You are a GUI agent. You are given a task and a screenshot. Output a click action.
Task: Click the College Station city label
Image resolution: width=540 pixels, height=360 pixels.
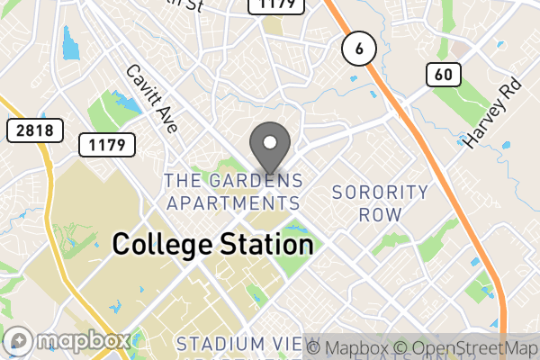[x=212, y=244]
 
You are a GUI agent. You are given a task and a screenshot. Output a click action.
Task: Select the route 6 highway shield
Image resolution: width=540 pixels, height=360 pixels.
[x=358, y=50]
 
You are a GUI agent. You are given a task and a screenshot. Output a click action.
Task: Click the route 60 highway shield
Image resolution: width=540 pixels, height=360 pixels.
[x=442, y=75]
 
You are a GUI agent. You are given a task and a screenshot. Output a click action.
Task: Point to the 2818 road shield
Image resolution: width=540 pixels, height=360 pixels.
[x=35, y=130]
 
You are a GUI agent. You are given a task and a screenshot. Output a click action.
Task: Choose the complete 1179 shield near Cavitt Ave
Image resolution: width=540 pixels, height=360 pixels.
[x=106, y=144]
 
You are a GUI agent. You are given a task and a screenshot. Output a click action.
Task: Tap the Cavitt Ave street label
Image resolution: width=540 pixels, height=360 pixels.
[x=151, y=98]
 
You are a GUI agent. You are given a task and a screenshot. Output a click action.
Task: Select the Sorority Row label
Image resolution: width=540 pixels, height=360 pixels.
[x=380, y=203]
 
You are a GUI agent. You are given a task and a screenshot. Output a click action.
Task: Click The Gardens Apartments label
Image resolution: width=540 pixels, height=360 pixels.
[x=233, y=192]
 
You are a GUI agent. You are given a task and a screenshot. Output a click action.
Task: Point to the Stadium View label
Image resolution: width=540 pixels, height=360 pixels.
[x=247, y=345]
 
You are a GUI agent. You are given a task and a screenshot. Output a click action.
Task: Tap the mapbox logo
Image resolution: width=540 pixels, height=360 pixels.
[x=68, y=341]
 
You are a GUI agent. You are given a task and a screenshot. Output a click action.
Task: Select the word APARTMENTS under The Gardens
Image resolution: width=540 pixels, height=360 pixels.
[x=233, y=202]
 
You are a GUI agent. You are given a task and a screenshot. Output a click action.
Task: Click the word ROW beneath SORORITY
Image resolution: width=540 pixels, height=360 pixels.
[x=380, y=215]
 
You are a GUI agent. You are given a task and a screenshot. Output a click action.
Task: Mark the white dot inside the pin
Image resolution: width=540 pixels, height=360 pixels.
[x=269, y=142]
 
